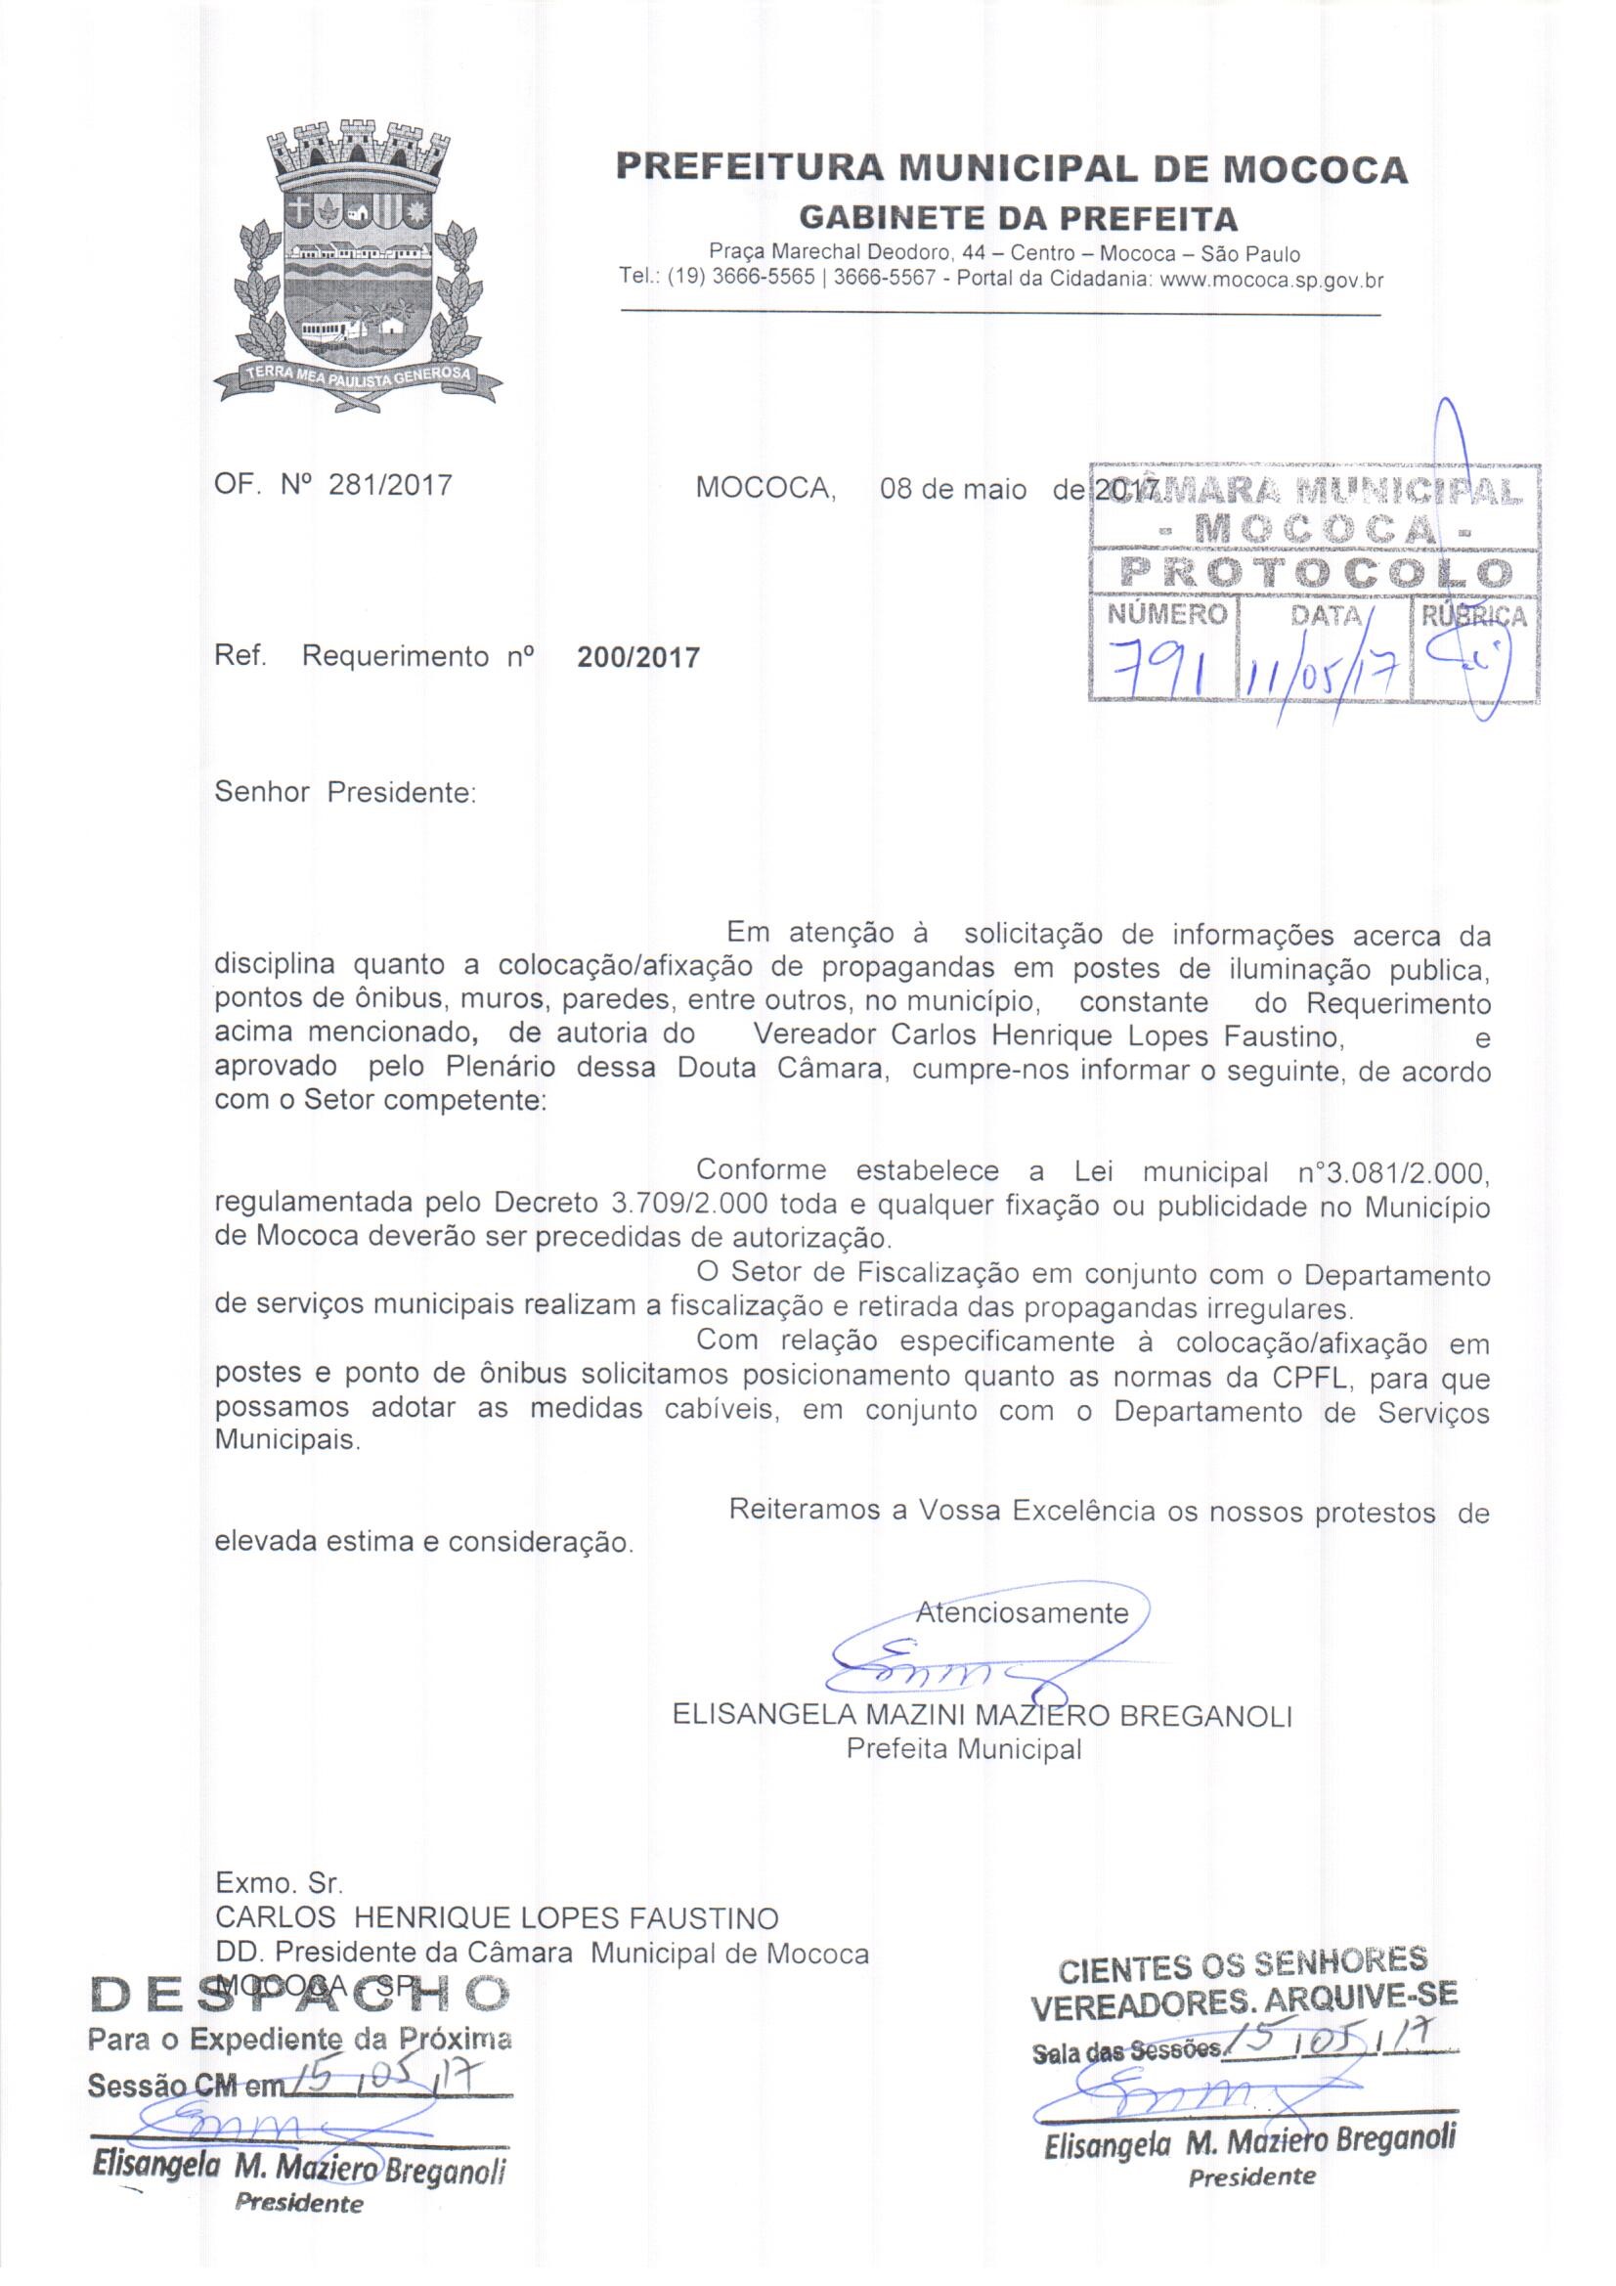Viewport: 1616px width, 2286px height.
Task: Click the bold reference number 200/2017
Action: tap(638, 657)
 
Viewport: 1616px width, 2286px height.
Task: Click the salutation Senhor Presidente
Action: tap(346, 795)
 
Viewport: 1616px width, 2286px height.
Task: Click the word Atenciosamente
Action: tap(1023, 1612)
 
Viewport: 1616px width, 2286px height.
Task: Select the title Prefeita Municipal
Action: tap(963, 1748)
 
